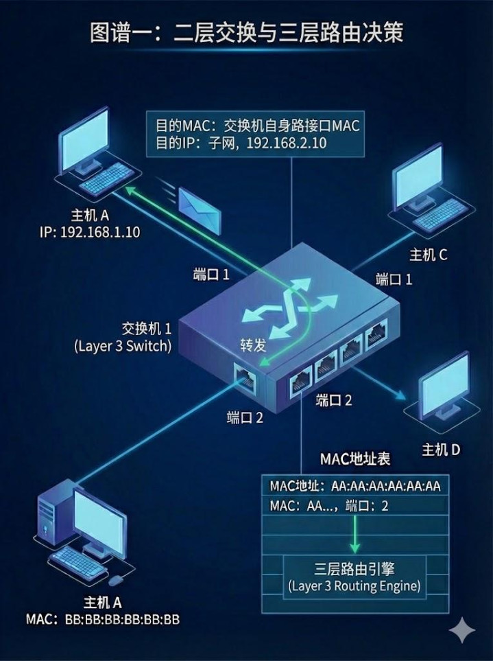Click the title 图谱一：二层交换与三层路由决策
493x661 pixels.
tap(247, 32)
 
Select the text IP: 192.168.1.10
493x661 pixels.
tap(89, 232)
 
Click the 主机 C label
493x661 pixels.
tap(429, 255)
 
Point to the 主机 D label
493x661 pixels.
tap(441, 450)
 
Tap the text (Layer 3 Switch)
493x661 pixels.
tap(122, 346)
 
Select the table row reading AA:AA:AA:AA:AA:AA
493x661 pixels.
tap(354, 487)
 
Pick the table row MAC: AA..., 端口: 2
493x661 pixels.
tap(329, 507)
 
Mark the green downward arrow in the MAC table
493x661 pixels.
tap(354, 535)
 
